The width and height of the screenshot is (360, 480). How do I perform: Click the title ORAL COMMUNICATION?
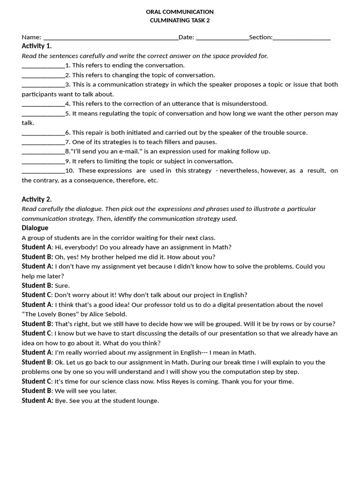180,12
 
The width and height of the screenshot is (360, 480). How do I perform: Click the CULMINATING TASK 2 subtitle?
180,21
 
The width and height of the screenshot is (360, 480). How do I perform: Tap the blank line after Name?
111,37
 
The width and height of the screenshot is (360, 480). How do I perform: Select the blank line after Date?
222,37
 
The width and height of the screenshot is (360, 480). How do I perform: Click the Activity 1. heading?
37,46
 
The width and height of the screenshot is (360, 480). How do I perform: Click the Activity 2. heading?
37,199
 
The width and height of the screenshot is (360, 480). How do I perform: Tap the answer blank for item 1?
43,66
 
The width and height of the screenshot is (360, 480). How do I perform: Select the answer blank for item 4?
43,104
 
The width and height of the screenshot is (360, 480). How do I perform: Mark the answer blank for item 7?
43,142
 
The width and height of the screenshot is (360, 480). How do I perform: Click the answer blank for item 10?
43,171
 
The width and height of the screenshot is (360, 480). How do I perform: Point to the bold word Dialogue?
35,228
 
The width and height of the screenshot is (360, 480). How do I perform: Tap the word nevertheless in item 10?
239,171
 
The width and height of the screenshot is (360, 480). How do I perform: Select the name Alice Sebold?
107,314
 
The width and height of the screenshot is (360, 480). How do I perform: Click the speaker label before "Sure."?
37,285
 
